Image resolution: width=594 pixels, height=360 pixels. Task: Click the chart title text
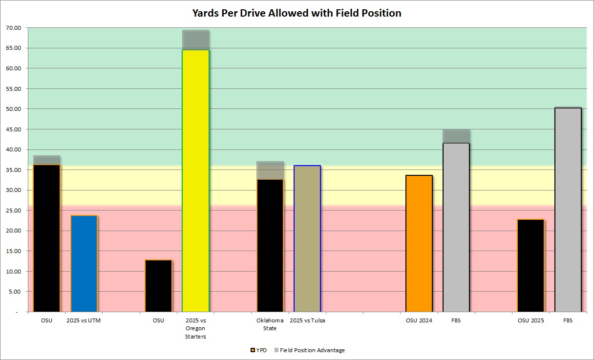[297, 13]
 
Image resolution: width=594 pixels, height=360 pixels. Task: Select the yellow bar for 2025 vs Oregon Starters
[195, 181]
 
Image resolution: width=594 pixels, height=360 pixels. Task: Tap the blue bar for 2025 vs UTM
[84, 263]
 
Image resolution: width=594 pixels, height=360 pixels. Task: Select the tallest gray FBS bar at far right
[568, 210]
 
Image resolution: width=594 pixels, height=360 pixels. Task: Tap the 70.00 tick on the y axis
[14, 28]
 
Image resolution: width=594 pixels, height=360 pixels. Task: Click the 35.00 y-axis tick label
[14, 170]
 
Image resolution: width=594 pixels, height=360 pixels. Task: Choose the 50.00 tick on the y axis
[14, 109]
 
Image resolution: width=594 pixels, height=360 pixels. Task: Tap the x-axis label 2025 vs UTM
[84, 320]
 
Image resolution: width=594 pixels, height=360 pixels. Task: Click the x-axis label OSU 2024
[419, 320]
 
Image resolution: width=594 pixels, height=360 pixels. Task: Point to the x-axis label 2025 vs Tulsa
[307, 320]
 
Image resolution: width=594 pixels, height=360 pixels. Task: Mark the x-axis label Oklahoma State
[270, 324]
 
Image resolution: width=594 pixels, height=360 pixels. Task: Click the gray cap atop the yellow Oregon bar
[195, 40]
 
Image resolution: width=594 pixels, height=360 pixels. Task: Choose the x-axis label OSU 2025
[530, 320]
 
